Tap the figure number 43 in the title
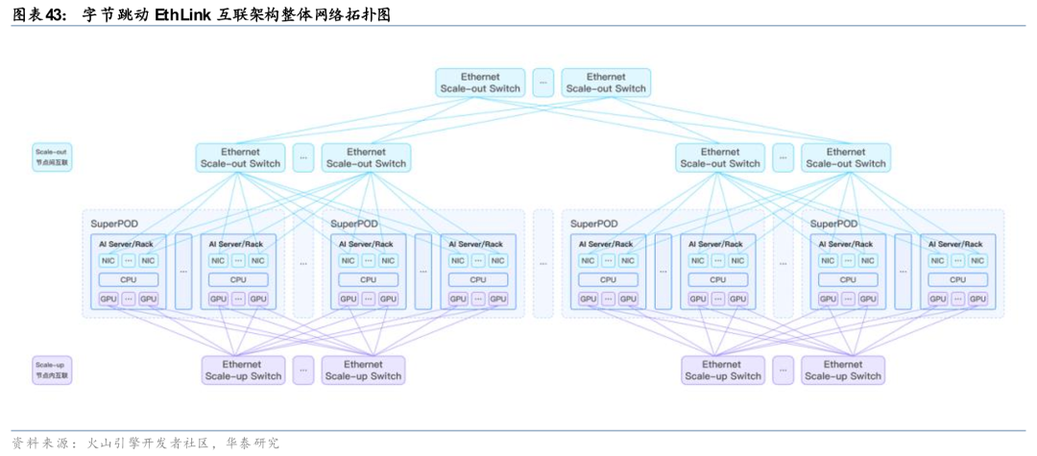click(x=54, y=15)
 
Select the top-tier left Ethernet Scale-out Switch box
click(x=480, y=83)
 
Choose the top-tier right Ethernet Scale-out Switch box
click(x=606, y=83)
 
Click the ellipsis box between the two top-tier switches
click(x=543, y=83)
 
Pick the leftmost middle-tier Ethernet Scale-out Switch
click(x=240, y=157)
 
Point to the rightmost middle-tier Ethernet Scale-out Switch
click(x=846, y=157)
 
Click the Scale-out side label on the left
click(x=53, y=157)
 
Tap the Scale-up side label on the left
click(x=53, y=370)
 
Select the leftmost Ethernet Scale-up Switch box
click(x=243, y=370)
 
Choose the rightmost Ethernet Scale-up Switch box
click(x=843, y=370)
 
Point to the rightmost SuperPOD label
click(x=833, y=224)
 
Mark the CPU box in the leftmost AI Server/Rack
click(x=128, y=279)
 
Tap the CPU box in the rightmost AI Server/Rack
click(x=957, y=279)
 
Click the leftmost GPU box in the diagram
click(x=108, y=299)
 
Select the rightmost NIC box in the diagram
click(x=977, y=260)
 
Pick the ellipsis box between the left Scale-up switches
click(x=303, y=370)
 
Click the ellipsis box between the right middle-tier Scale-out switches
click(x=784, y=157)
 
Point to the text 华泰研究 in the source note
click(x=253, y=443)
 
